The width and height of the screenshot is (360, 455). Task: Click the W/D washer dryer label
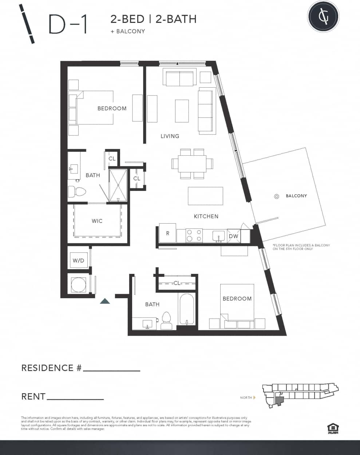78,260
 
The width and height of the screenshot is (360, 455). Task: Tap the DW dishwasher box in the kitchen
233,236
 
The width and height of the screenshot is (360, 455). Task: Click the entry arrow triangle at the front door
105,301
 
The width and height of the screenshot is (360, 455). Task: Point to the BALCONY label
296,196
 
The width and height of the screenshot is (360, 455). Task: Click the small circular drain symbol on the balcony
276,196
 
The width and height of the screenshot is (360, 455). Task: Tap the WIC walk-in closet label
97,221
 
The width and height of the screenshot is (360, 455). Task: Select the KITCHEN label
206,216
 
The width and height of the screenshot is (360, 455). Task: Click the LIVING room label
170,136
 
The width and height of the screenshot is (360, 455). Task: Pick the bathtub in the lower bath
187,309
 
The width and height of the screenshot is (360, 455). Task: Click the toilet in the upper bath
77,191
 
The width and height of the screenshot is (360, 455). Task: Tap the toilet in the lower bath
167,320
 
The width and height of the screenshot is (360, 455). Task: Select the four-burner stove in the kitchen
194,235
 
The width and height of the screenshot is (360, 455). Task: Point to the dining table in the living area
192,163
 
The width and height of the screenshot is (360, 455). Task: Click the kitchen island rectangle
205,196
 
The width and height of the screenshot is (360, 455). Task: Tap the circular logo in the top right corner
323,16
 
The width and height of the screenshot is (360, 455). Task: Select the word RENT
33,396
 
